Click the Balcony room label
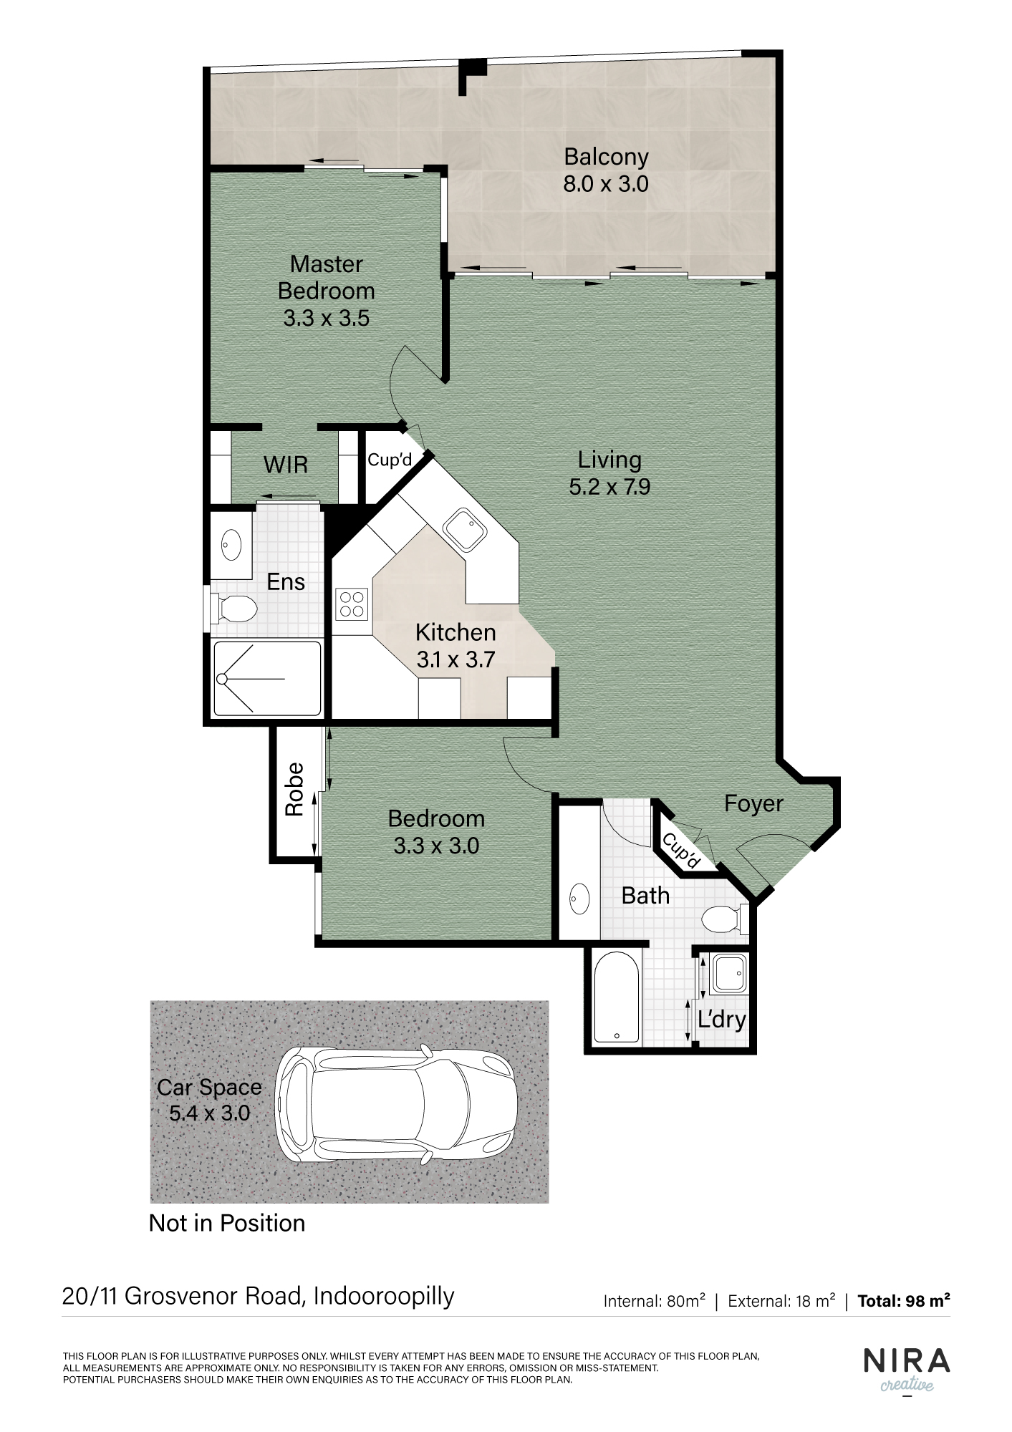[x=606, y=157]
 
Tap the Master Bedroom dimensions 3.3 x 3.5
[x=327, y=318]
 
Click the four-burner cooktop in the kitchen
[x=351, y=604]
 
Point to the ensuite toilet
[x=233, y=609]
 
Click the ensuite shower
[x=267, y=678]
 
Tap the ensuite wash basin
[x=231, y=545]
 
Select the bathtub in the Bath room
[x=617, y=997]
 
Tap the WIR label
[x=286, y=465]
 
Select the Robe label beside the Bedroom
[x=294, y=789]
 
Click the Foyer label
[x=753, y=804]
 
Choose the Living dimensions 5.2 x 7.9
[x=609, y=487]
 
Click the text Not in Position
[x=227, y=1223]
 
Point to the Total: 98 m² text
[x=904, y=1300]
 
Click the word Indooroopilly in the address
[x=384, y=1297]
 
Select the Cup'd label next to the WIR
[x=390, y=460]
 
